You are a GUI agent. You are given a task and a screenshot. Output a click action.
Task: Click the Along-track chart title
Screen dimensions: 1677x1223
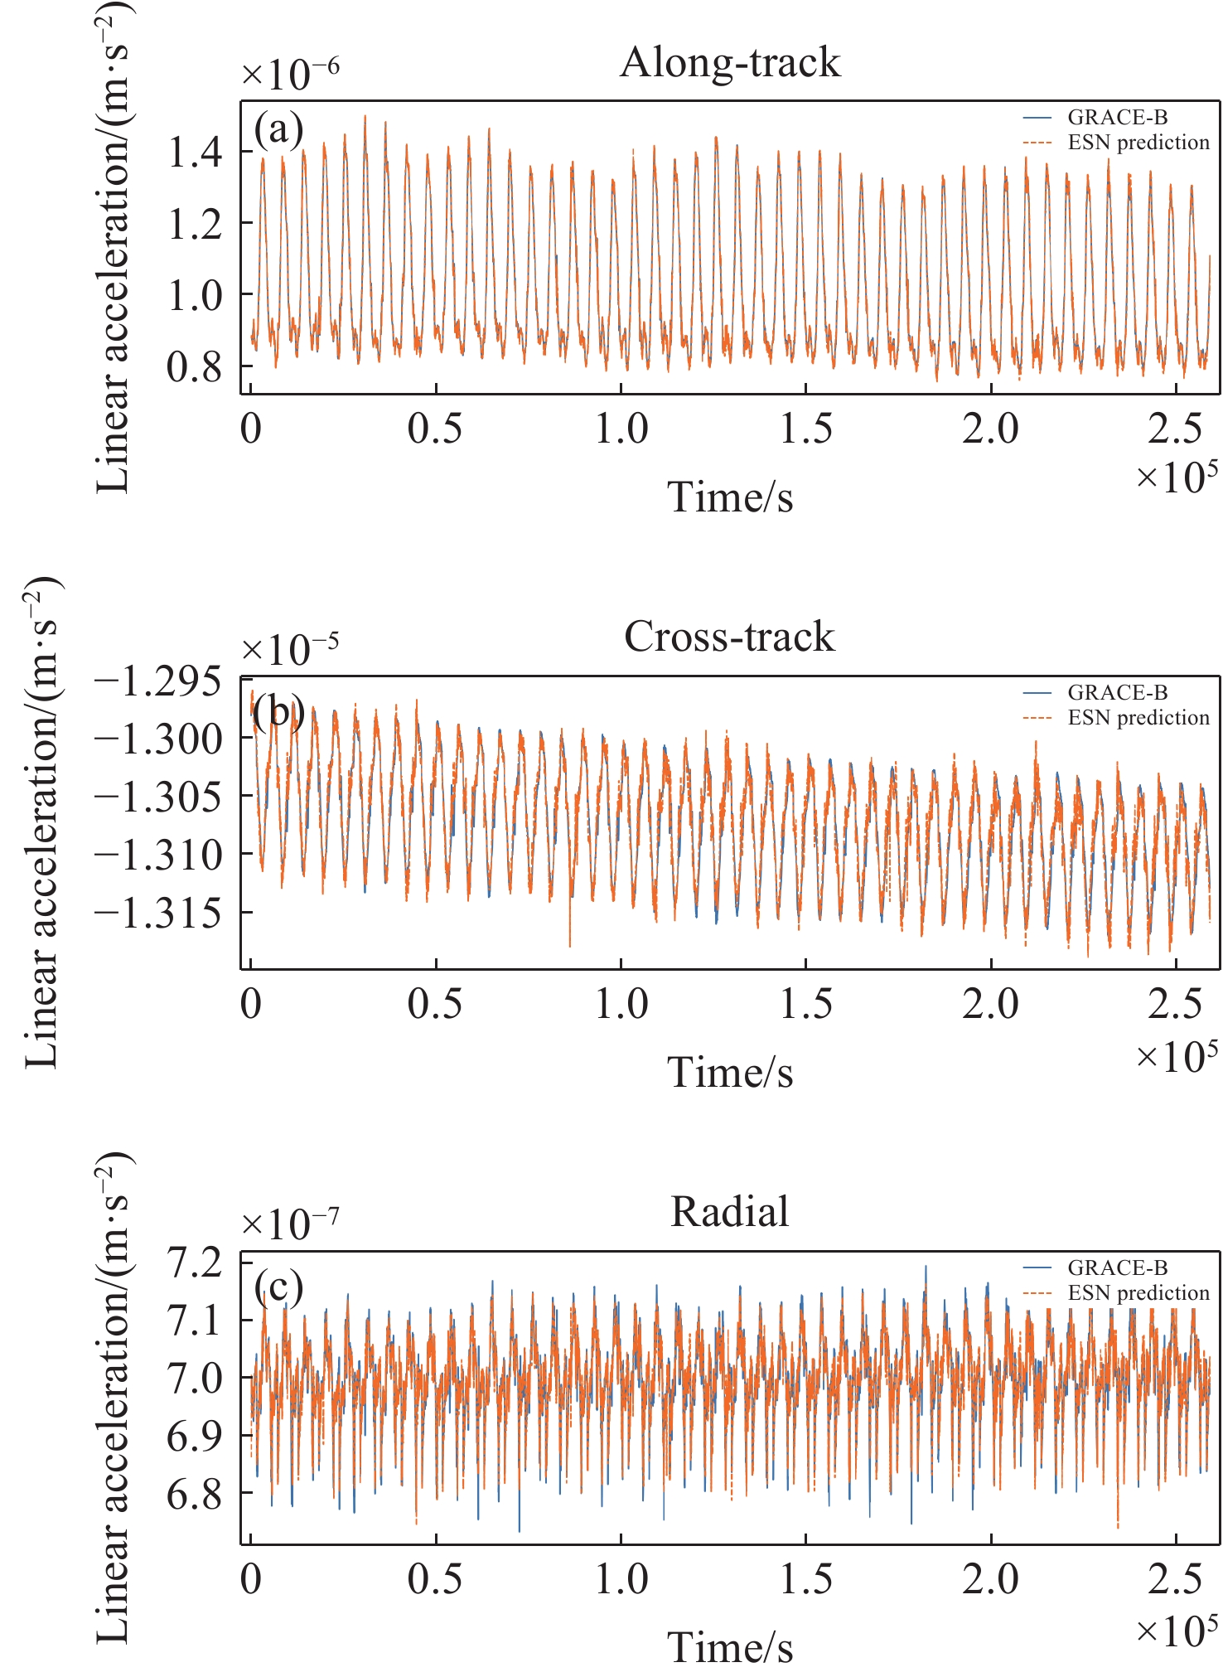[x=730, y=63]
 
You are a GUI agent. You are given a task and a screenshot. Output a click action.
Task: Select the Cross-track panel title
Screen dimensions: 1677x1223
[x=729, y=637]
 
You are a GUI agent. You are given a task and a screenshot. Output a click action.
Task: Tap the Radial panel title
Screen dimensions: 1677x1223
[x=729, y=1212]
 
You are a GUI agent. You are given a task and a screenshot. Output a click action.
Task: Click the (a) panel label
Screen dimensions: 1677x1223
[x=279, y=129]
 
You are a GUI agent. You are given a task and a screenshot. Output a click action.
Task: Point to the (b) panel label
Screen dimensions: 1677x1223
[x=279, y=711]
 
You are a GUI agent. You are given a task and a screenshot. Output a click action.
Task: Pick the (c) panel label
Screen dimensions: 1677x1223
[x=279, y=1286]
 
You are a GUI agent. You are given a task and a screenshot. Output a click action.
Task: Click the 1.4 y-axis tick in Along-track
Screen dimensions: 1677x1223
[x=196, y=153]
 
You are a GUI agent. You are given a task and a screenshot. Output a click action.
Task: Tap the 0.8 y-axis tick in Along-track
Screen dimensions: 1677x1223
[x=196, y=366]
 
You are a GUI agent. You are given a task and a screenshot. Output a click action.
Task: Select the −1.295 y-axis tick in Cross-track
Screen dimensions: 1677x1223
[x=159, y=682]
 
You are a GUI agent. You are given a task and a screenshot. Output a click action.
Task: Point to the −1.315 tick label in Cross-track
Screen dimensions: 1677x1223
[x=159, y=914]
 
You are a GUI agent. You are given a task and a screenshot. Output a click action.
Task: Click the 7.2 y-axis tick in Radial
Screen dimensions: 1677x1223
[x=196, y=1263]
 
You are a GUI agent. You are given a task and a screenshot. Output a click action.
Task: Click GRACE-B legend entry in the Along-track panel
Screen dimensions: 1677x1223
[x=1117, y=118]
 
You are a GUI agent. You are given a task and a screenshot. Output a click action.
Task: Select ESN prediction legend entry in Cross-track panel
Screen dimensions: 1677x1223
[x=1138, y=718]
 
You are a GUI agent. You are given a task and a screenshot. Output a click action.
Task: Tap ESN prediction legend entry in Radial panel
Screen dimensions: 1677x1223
[x=1138, y=1293]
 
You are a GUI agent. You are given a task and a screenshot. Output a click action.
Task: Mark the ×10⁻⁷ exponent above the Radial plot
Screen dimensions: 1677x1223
[x=290, y=1224]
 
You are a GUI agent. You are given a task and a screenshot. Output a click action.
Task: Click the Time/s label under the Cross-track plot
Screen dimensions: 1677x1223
[x=730, y=1072]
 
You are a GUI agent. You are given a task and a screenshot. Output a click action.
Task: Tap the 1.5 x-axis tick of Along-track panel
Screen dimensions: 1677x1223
[x=806, y=429]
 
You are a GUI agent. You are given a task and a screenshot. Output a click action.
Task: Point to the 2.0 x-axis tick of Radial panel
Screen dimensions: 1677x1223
[x=991, y=1579]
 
